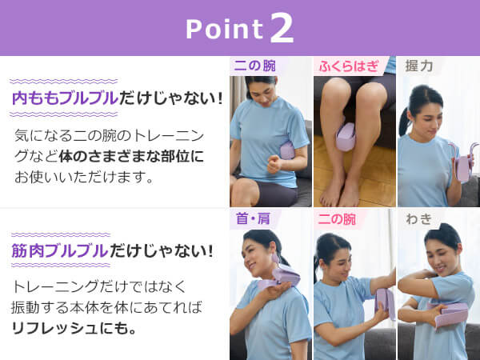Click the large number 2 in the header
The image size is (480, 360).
click(282, 28)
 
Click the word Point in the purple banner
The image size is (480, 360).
click(224, 30)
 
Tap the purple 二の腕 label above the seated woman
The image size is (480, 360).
click(254, 66)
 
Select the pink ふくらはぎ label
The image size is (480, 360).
click(349, 66)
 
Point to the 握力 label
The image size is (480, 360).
click(418, 66)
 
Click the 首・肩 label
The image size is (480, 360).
click(253, 218)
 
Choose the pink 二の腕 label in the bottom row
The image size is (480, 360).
click(337, 219)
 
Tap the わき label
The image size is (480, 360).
click(418, 219)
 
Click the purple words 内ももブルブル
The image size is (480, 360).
click(65, 98)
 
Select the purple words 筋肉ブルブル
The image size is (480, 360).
click(60, 250)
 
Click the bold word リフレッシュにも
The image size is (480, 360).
click(74, 328)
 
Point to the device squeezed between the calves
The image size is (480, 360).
click(346, 137)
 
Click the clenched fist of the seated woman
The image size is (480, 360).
click(275, 164)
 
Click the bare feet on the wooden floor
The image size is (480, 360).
click(341, 195)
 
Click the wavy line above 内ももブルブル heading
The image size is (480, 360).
click(64, 82)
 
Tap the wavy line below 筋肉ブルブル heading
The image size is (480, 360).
click(61, 265)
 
